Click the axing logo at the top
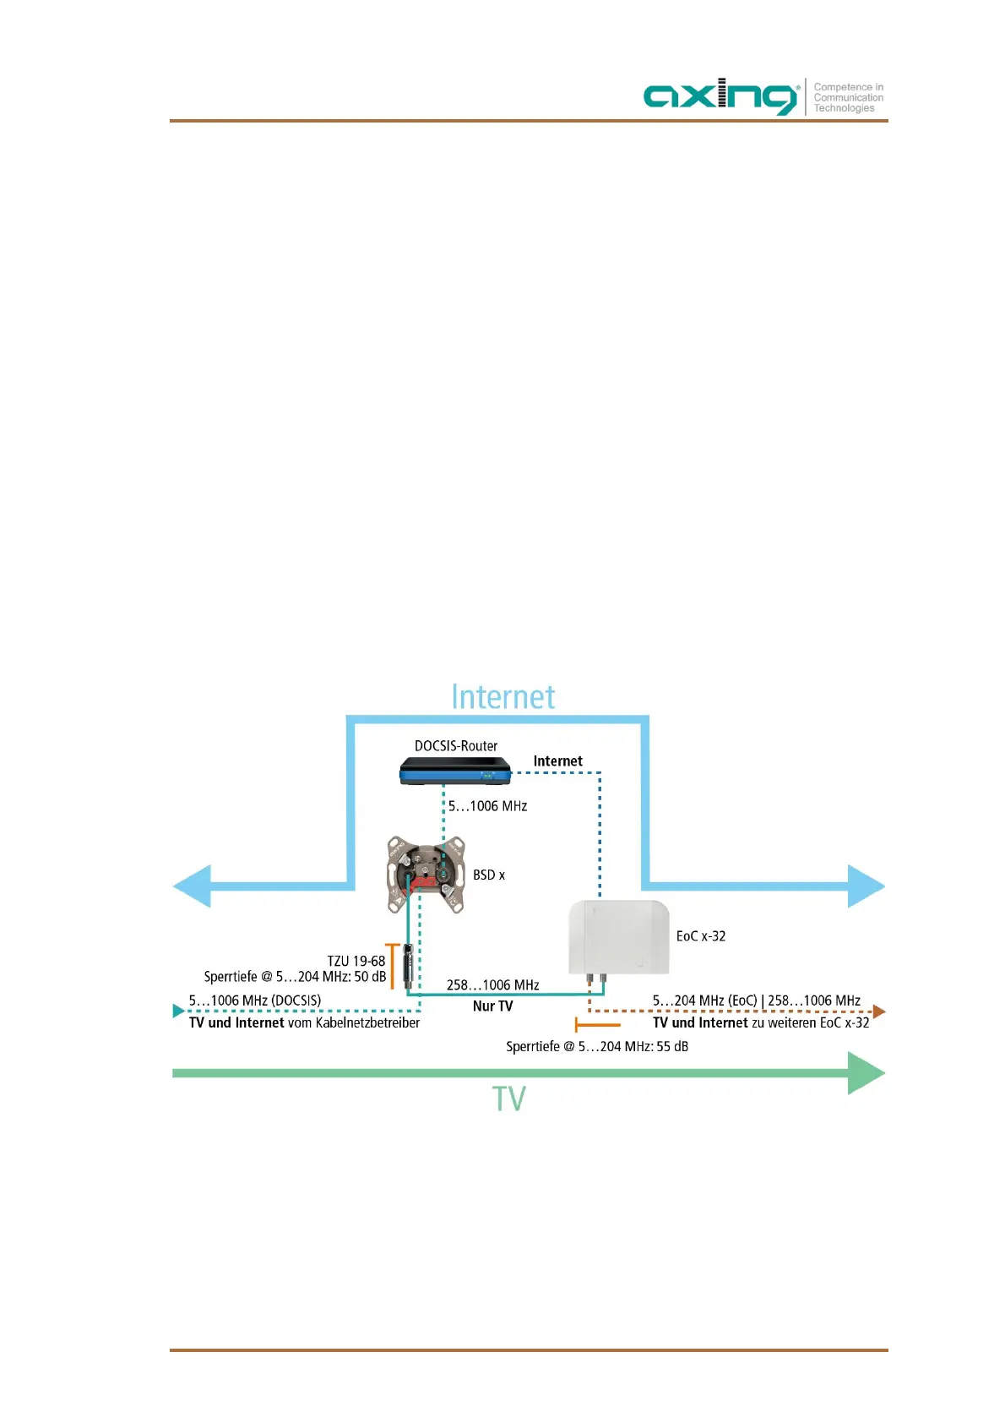coord(720,96)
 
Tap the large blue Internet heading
coord(502,697)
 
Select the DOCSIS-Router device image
coord(455,771)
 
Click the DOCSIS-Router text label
coord(456,746)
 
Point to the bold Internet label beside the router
coord(557,761)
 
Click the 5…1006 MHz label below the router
coord(487,806)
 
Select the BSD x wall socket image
coord(426,875)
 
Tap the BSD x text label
coord(489,875)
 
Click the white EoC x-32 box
coord(619,936)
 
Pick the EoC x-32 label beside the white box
coord(701,936)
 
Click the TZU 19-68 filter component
coord(408,968)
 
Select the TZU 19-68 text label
coord(356,961)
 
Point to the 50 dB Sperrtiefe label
coord(295,977)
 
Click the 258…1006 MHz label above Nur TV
coord(492,985)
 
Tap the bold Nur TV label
coord(492,1006)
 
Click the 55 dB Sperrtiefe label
coord(597,1047)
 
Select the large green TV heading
coord(508,1099)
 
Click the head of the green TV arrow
coord(866,1073)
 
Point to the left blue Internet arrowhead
coord(192,886)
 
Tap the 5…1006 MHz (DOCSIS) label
coord(255,1000)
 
